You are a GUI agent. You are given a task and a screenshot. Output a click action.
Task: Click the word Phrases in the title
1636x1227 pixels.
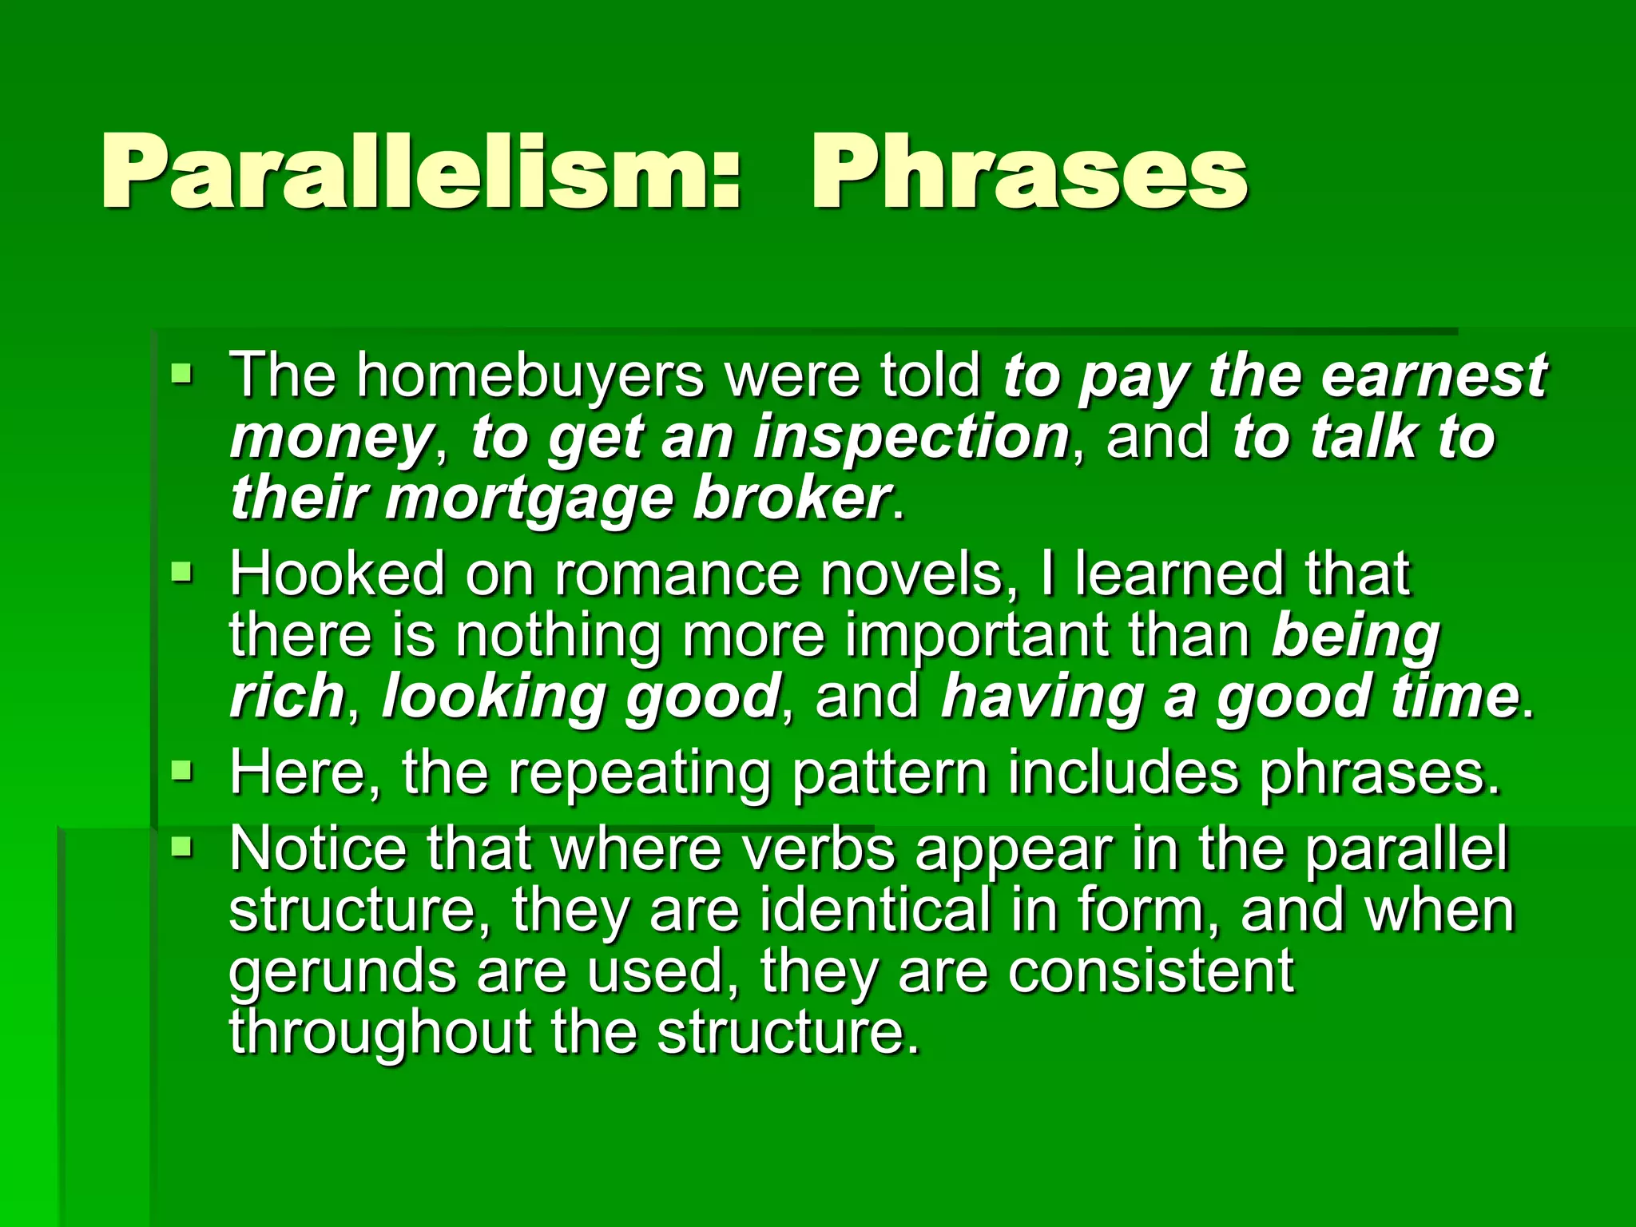click(1029, 172)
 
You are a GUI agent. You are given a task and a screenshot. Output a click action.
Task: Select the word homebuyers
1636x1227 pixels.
click(530, 375)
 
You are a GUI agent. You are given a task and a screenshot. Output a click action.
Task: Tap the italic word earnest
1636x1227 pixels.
click(1434, 375)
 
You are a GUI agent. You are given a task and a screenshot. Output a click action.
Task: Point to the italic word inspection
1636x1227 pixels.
click(911, 437)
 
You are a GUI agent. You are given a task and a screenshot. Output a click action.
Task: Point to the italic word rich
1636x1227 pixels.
click(287, 696)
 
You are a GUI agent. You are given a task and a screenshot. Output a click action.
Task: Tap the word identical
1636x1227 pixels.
click(876, 910)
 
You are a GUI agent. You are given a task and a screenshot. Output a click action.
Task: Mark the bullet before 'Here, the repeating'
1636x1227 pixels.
click(182, 771)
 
